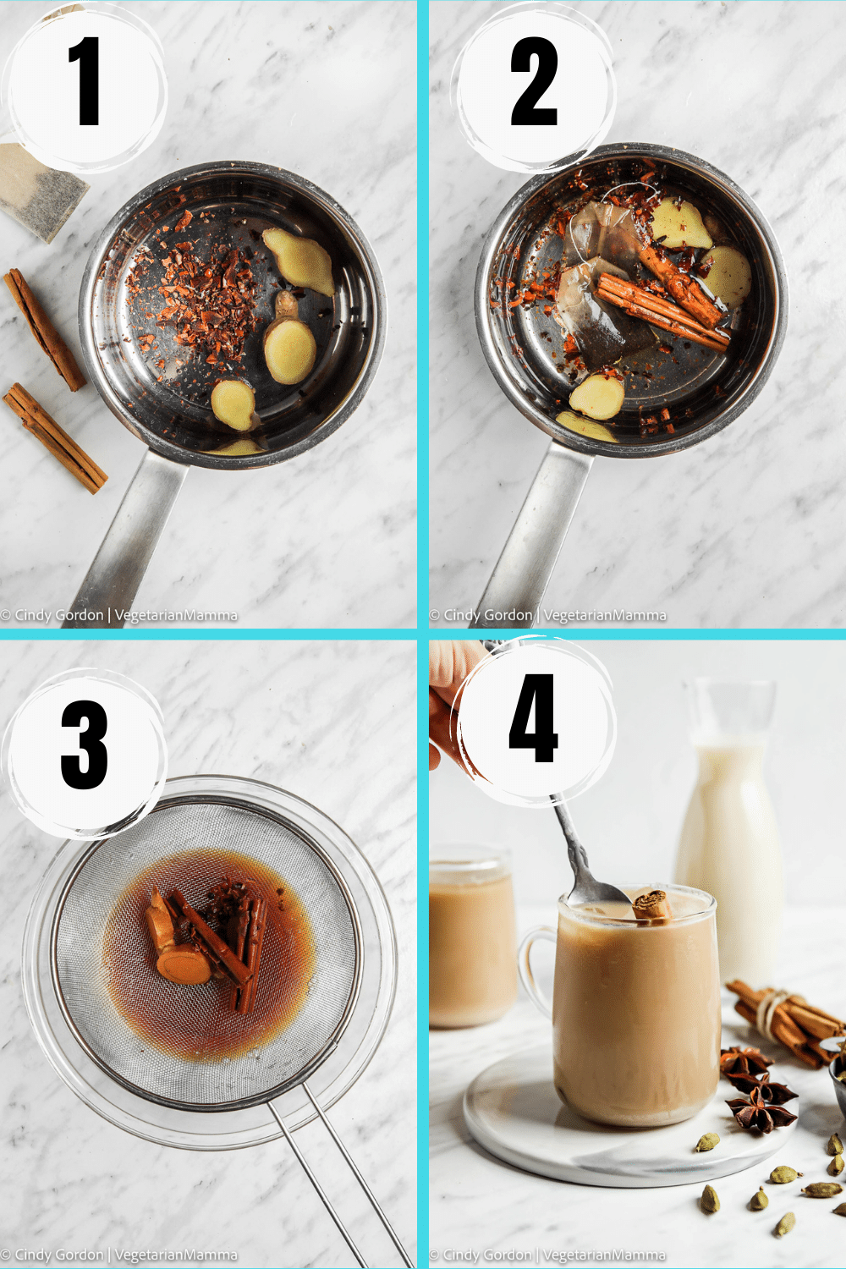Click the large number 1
pyautogui.click(x=85, y=82)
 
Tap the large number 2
pyautogui.click(x=534, y=82)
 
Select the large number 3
pyautogui.click(x=85, y=744)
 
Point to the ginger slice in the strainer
pyautogui.click(x=178, y=956)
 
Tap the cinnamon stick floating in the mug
pyautogui.click(x=651, y=905)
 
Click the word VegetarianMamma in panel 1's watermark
pyautogui.click(x=176, y=615)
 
